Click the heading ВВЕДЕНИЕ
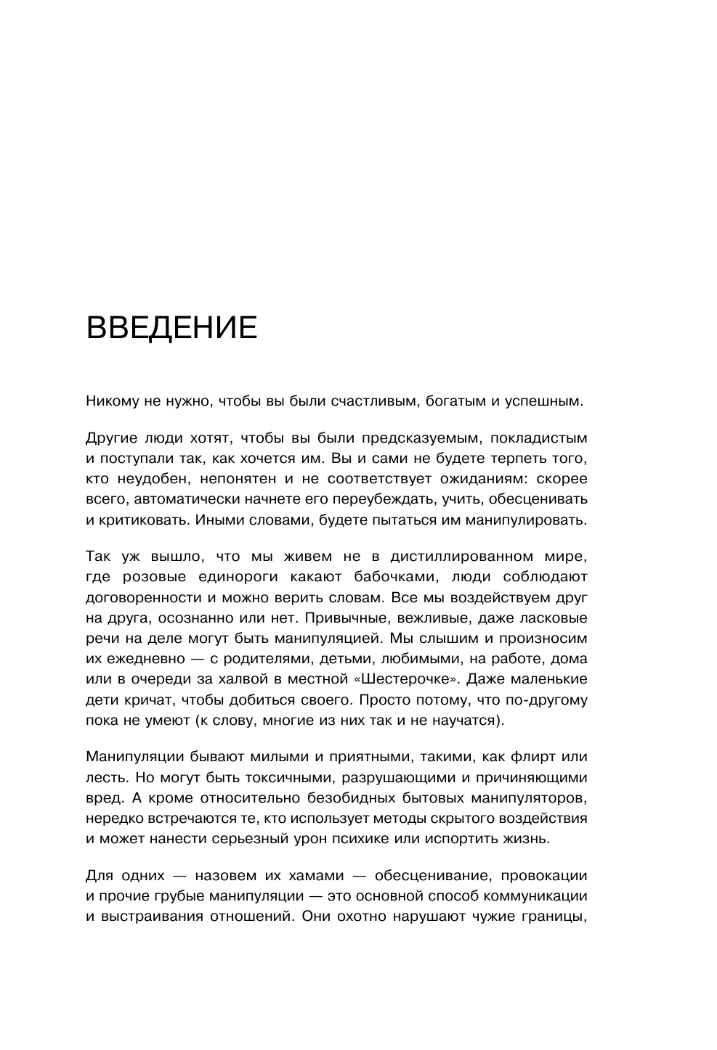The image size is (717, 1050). click(x=171, y=329)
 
